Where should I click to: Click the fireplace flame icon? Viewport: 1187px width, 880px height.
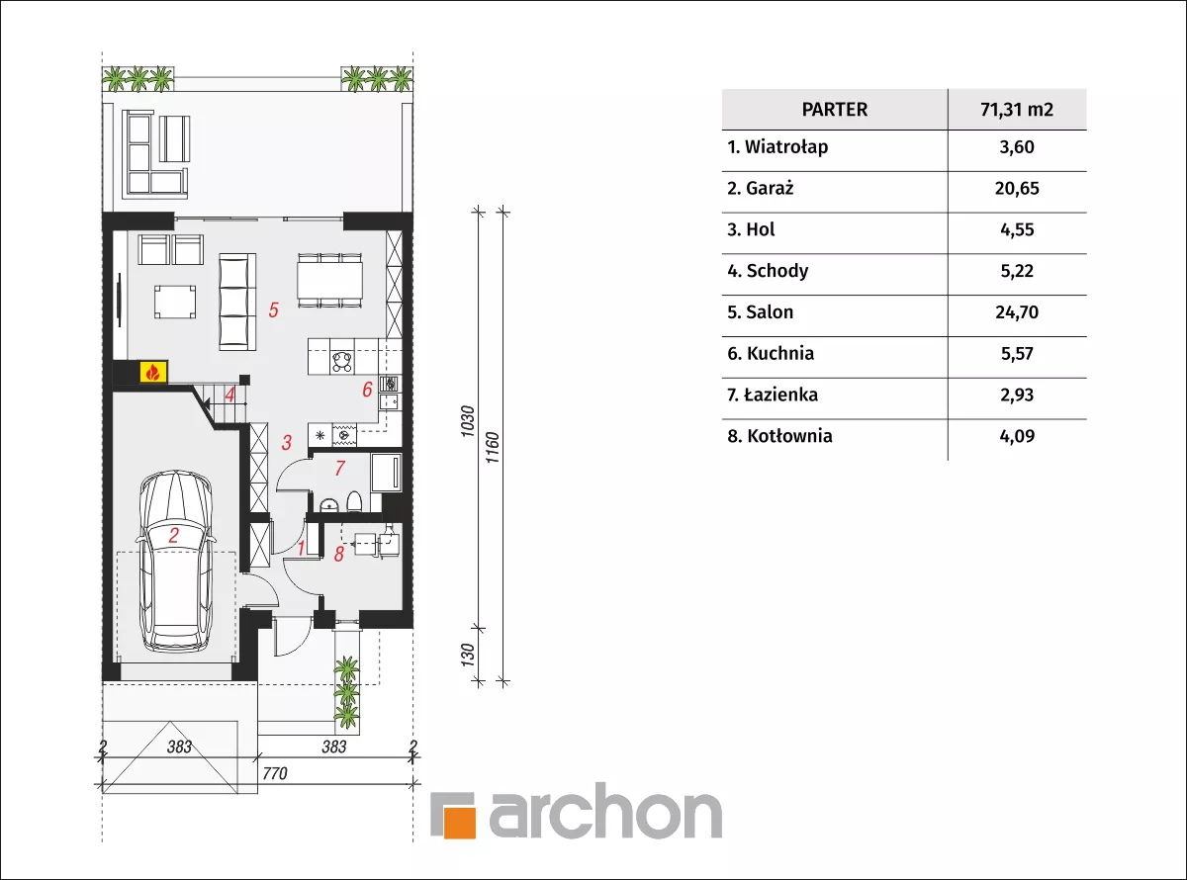(x=153, y=372)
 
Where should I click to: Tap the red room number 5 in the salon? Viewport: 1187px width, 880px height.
(x=273, y=309)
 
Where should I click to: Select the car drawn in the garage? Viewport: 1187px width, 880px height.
(x=176, y=562)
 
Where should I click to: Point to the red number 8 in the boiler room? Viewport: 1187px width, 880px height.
(x=338, y=555)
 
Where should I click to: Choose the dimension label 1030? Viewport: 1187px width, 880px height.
(x=468, y=421)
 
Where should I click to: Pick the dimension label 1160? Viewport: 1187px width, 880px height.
(x=493, y=448)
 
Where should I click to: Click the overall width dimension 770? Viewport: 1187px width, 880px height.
(x=275, y=773)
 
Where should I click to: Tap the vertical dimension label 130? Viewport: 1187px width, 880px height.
(x=468, y=656)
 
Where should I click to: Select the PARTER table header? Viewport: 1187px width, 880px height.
(x=834, y=110)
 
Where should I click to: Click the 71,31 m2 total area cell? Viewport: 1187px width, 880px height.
(x=1017, y=110)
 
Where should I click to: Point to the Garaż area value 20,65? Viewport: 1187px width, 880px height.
(x=1017, y=188)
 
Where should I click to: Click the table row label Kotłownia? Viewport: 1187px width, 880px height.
(x=789, y=436)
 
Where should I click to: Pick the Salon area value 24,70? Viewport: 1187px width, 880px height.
(x=1017, y=311)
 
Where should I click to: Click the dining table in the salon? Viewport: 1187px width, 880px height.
(x=329, y=281)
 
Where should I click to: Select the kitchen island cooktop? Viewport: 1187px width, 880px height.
(x=342, y=361)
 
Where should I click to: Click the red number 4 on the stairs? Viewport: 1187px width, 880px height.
(x=229, y=395)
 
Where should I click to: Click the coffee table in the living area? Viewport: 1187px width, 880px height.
(x=175, y=302)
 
